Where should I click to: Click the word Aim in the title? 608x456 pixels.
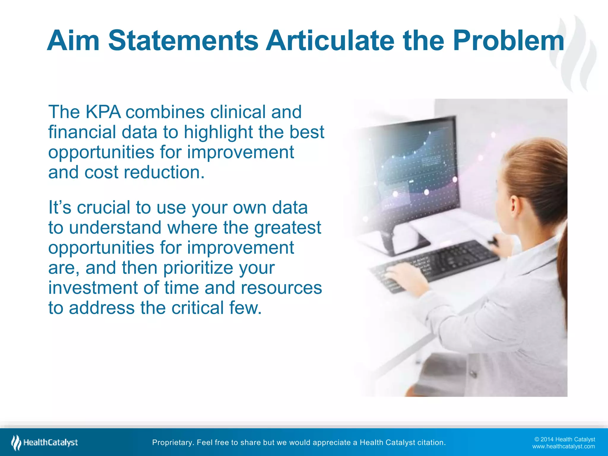(x=73, y=41)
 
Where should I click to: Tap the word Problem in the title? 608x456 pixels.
(x=508, y=41)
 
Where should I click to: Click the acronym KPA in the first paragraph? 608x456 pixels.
(x=103, y=112)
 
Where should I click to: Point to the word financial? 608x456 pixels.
(x=82, y=132)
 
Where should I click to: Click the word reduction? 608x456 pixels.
(x=164, y=172)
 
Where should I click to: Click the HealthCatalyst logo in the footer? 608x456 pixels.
(x=45, y=443)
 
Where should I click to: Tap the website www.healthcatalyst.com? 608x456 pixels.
(x=563, y=446)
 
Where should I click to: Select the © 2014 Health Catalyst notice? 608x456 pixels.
(x=564, y=439)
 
